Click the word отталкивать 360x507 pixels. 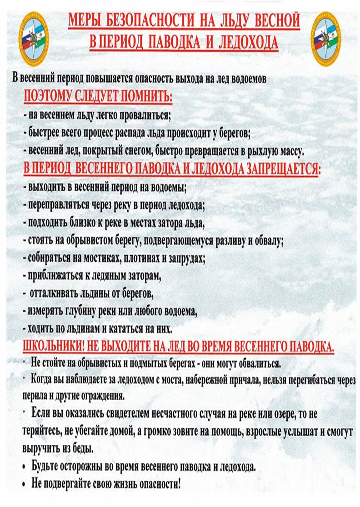coord(56,293)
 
